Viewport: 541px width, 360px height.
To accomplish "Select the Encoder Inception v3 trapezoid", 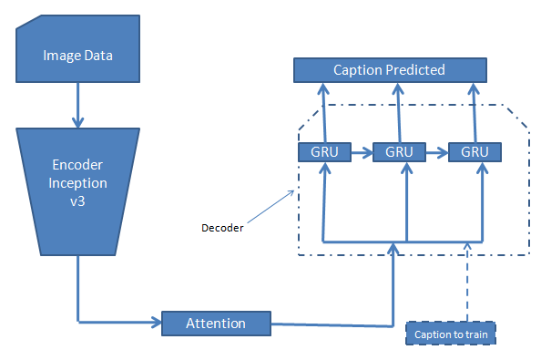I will point(77,191).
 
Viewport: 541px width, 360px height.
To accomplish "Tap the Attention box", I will point(216,323).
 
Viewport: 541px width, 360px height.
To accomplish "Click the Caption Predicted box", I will point(389,70).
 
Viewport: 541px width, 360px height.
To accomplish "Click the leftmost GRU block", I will point(323,151).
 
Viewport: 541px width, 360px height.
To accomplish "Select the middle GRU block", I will point(399,151).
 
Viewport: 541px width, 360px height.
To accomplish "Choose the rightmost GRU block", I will point(475,151).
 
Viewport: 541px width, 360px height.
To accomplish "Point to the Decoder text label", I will point(221,228).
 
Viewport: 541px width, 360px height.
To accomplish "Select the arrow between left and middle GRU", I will point(361,151).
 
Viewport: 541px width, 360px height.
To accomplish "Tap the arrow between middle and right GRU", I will point(436,151).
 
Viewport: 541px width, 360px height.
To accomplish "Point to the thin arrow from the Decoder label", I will point(268,206).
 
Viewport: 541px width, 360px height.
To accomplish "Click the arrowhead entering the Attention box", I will point(154,322).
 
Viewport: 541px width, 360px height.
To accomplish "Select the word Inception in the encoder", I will point(77,182).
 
